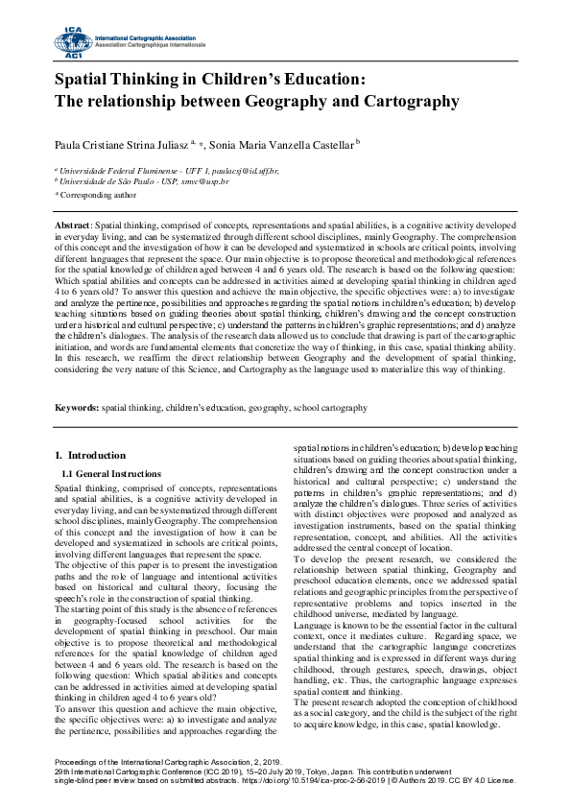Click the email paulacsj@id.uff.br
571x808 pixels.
(244, 170)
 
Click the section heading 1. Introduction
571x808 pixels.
(90, 455)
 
